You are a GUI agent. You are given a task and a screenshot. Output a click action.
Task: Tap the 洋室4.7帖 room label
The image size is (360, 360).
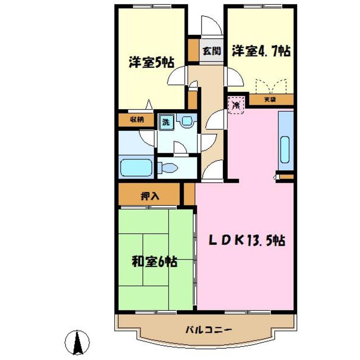coord(261,51)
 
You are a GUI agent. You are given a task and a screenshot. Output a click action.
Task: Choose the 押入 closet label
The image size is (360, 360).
coord(149,197)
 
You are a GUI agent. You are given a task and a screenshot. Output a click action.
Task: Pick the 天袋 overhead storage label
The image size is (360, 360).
coord(271,99)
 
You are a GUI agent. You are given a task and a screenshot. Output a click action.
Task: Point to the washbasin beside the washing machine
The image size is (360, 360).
coord(187,121)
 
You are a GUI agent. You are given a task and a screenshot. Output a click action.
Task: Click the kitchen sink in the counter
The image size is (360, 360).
coord(286,150)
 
